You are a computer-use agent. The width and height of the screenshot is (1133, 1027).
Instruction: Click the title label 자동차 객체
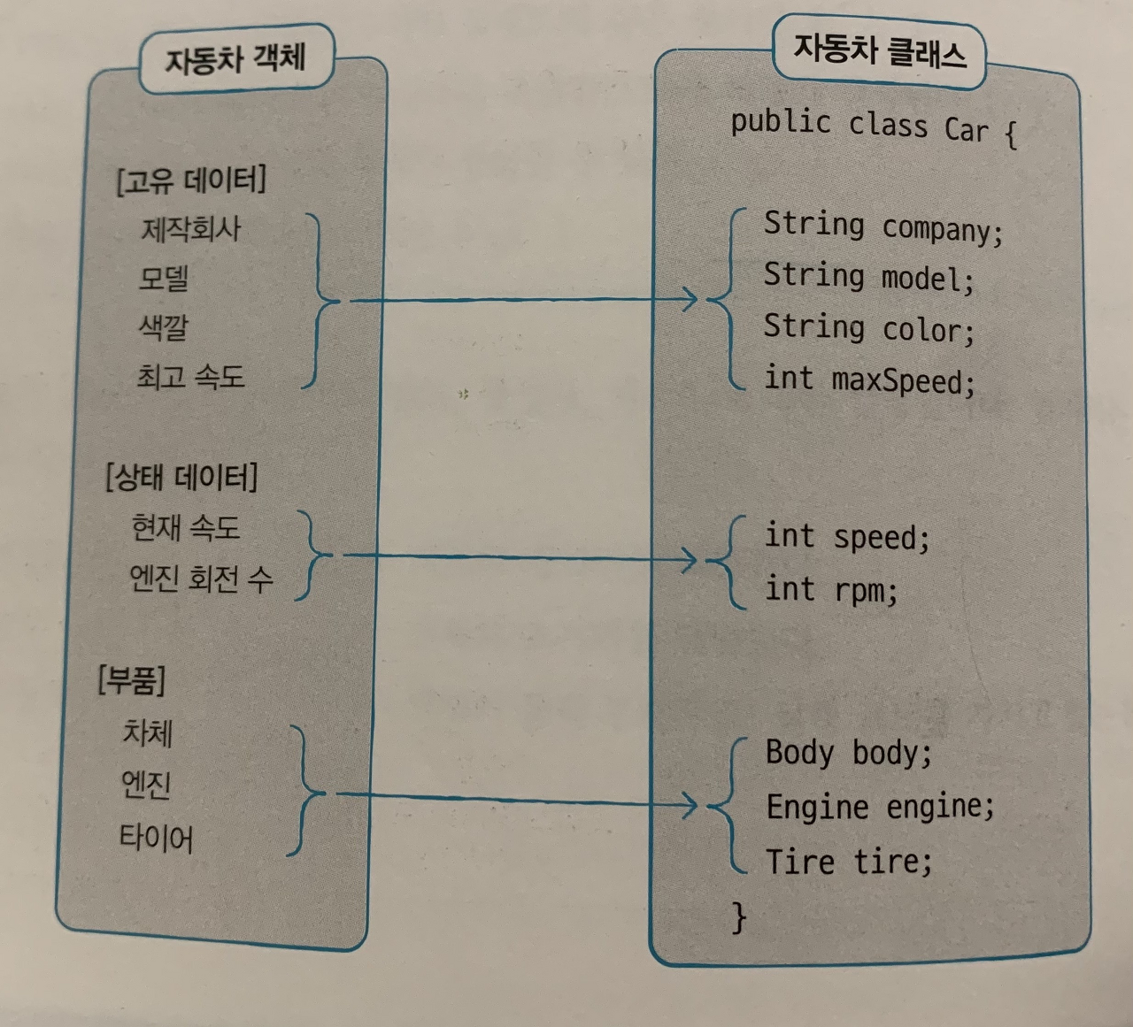[x=235, y=59]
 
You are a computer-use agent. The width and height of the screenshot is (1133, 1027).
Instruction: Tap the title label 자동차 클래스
[x=878, y=50]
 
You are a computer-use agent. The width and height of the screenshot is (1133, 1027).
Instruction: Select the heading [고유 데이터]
[x=190, y=180]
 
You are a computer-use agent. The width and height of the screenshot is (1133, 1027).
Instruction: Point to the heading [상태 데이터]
[x=181, y=478]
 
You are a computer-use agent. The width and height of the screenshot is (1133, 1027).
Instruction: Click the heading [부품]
[x=131, y=679]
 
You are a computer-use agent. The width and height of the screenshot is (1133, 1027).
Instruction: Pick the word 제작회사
[x=190, y=230]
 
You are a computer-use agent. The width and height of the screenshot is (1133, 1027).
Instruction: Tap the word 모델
[x=164, y=280]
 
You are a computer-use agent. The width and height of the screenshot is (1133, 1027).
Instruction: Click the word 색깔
[x=164, y=327]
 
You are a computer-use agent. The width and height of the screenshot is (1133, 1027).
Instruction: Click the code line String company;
[x=883, y=226]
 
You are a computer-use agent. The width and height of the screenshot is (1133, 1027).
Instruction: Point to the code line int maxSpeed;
[x=868, y=380]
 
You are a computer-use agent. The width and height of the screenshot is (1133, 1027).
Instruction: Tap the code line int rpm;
[x=830, y=589]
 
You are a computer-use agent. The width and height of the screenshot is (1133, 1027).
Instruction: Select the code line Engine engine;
[x=880, y=806]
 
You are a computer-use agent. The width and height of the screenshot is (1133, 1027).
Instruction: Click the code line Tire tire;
[x=848, y=861]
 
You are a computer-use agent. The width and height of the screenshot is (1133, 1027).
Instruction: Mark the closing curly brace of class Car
[x=738, y=917]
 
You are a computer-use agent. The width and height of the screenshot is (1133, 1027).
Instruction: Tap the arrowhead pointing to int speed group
[x=690, y=560]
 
